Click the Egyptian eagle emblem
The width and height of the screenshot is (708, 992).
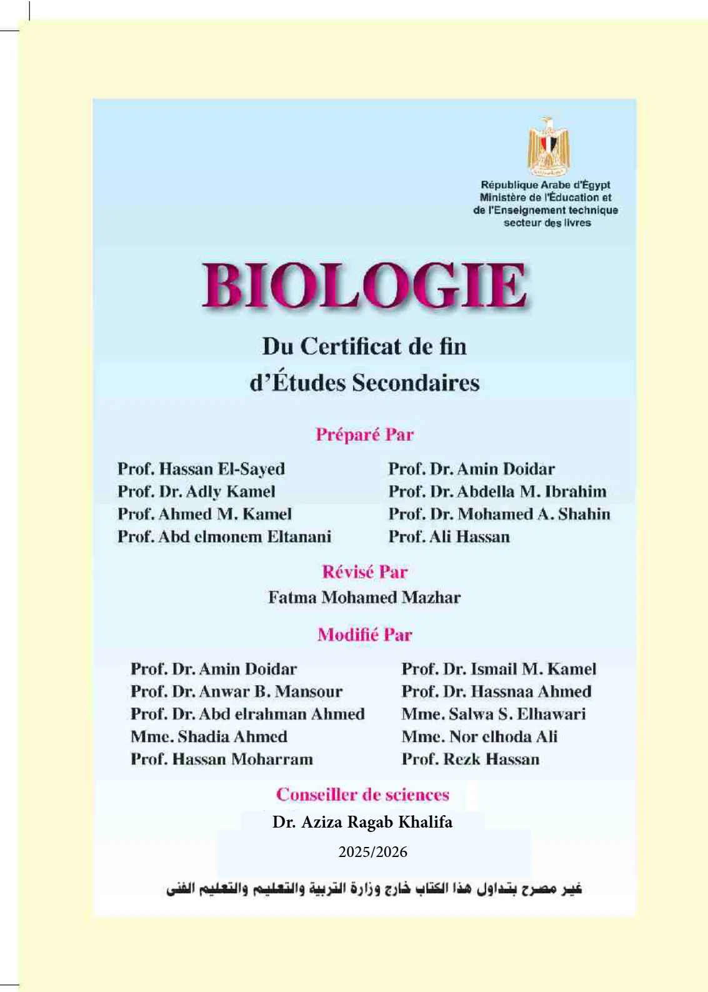548,146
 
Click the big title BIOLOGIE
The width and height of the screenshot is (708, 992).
364,286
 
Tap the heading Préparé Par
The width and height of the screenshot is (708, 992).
364,434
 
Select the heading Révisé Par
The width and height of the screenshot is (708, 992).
364,572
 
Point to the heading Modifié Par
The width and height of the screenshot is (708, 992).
364,635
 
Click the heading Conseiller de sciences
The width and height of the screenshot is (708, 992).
362,794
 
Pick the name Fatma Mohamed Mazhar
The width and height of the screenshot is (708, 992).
364,598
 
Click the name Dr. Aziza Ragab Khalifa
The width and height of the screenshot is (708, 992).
362,822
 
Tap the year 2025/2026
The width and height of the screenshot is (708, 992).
372,852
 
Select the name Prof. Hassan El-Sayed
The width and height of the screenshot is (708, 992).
201,469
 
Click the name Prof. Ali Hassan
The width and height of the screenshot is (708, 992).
449,537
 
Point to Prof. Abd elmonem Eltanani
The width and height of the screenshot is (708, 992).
224,537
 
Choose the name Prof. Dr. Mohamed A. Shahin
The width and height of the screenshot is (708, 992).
499,514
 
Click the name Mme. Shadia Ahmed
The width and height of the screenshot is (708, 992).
209,736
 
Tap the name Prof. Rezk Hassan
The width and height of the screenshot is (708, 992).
470,759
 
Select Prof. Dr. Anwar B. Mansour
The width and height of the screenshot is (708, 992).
236,691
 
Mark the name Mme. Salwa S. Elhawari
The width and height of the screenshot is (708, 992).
494,714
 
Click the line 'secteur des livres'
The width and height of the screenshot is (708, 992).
547,223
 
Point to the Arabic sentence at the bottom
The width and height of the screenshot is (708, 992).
374,888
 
